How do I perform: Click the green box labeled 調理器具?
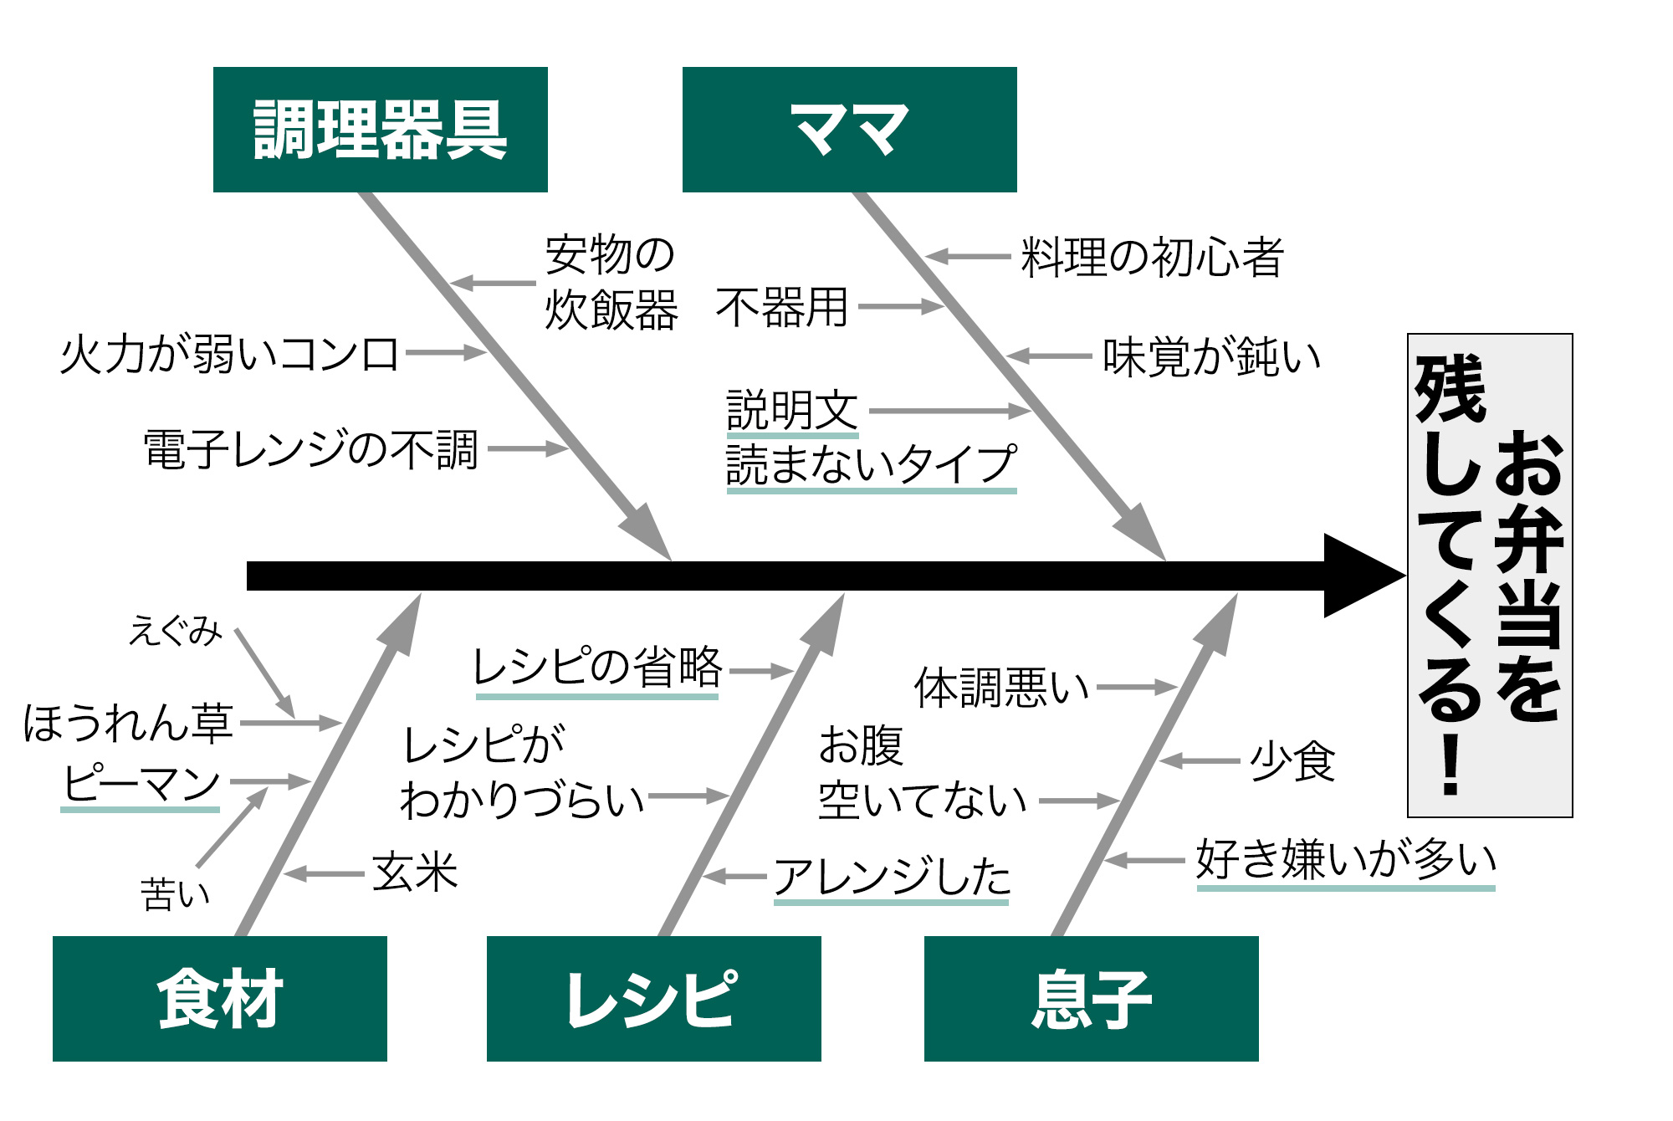pyautogui.click(x=381, y=130)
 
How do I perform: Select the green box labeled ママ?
pyautogui.click(x=849, y=130)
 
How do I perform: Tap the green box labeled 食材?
pyautogui.click(x=220, y=998)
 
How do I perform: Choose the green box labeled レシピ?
pyautogui.click(x=653, y=998)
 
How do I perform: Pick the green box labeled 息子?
pyautogui.click(x=1091, y=998)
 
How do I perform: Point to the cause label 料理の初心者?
pyautogui.click(x=1152, y=257)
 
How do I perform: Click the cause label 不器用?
pyautogui.click(x=782, y=307)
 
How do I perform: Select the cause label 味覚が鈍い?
pyautogui.click(x=1211, y=357)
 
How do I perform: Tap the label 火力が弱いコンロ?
pyautogui.click(x=229, y=354)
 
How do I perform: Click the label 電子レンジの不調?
pyautogui.click(x=310, y=449)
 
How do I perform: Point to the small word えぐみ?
pyautogui.click(x=176, y=631)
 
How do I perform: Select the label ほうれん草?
pyautogui.click(x=128, y=723)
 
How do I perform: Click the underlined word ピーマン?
pyautogui.click(x=141, y=783)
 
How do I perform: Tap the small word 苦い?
pyautogui.click(x=175, y=894)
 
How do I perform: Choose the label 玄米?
pyautogui.click(x=415, y=873)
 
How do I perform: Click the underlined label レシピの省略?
pyautogui.click(x=596, y=668)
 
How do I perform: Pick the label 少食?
pyautogui.click(x=1292, y=761)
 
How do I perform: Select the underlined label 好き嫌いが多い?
pyautogui.click(x=1346, y=859)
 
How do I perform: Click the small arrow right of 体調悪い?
pyautogui.click(x=1138, y=688)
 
